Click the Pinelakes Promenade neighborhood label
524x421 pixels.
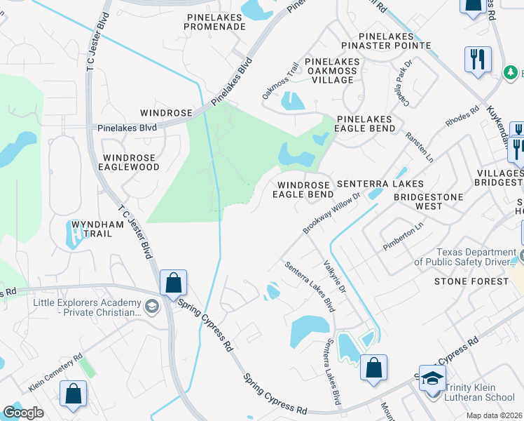coord(214,21)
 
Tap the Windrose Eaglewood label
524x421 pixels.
coord(131,162)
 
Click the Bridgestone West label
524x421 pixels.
coord(428,201)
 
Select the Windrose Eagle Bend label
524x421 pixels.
coord(302,189)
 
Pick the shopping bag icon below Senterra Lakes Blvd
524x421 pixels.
coord(374,368)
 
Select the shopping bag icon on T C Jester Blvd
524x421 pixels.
coord(173,283)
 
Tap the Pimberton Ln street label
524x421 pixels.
coord(404,236)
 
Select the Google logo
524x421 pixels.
coord(23,413)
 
